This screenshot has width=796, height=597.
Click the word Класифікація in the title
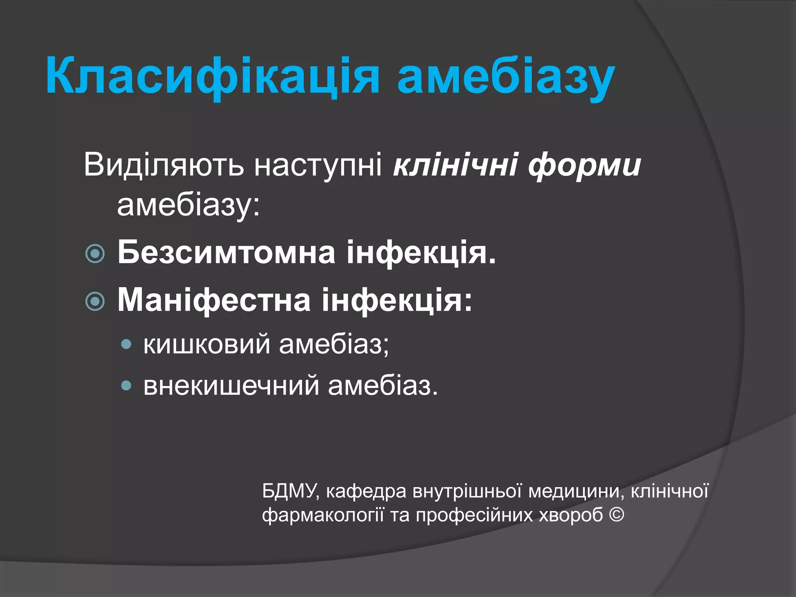(212, 76)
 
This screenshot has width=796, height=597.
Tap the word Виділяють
(164, 165)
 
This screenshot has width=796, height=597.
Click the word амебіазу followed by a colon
(188, 205)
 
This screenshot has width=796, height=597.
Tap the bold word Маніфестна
(214, 300)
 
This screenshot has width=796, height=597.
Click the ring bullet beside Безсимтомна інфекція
(95, 254)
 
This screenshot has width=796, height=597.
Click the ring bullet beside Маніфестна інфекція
(95, 301)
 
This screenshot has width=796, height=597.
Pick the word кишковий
(206, 344)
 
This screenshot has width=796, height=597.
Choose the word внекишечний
(231, 386)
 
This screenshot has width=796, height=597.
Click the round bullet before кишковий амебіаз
(126, 344)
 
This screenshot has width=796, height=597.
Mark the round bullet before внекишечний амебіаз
(126, 386)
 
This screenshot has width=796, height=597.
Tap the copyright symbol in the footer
(616, 515)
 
